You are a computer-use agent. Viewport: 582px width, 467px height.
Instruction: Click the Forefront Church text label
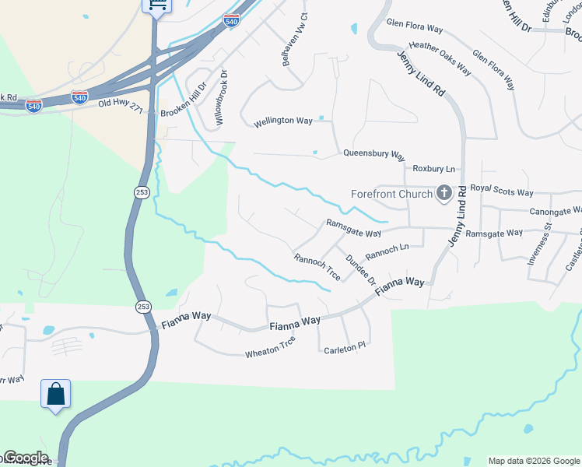(391, 194)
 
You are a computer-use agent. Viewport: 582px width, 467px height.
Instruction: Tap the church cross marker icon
(444, 193)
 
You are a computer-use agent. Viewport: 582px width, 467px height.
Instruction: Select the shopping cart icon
(157, 5)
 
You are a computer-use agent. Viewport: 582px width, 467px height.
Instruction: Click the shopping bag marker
(56, 394)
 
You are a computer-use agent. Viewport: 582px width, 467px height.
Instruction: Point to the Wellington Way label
(283, 121)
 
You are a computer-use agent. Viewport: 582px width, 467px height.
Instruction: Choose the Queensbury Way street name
(374, 154)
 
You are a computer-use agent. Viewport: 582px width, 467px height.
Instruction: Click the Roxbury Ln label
(433, 168)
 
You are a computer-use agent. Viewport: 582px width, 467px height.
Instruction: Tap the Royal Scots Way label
(502, 192)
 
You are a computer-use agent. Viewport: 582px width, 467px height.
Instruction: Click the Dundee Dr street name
(360, 269)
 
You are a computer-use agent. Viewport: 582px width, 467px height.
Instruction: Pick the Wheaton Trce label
(270, 346)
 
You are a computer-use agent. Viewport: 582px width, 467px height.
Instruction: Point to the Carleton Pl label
(344, 347)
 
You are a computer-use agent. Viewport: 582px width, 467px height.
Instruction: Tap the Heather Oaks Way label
(440, 59)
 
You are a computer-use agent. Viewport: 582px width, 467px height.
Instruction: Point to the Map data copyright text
(534, 461)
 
